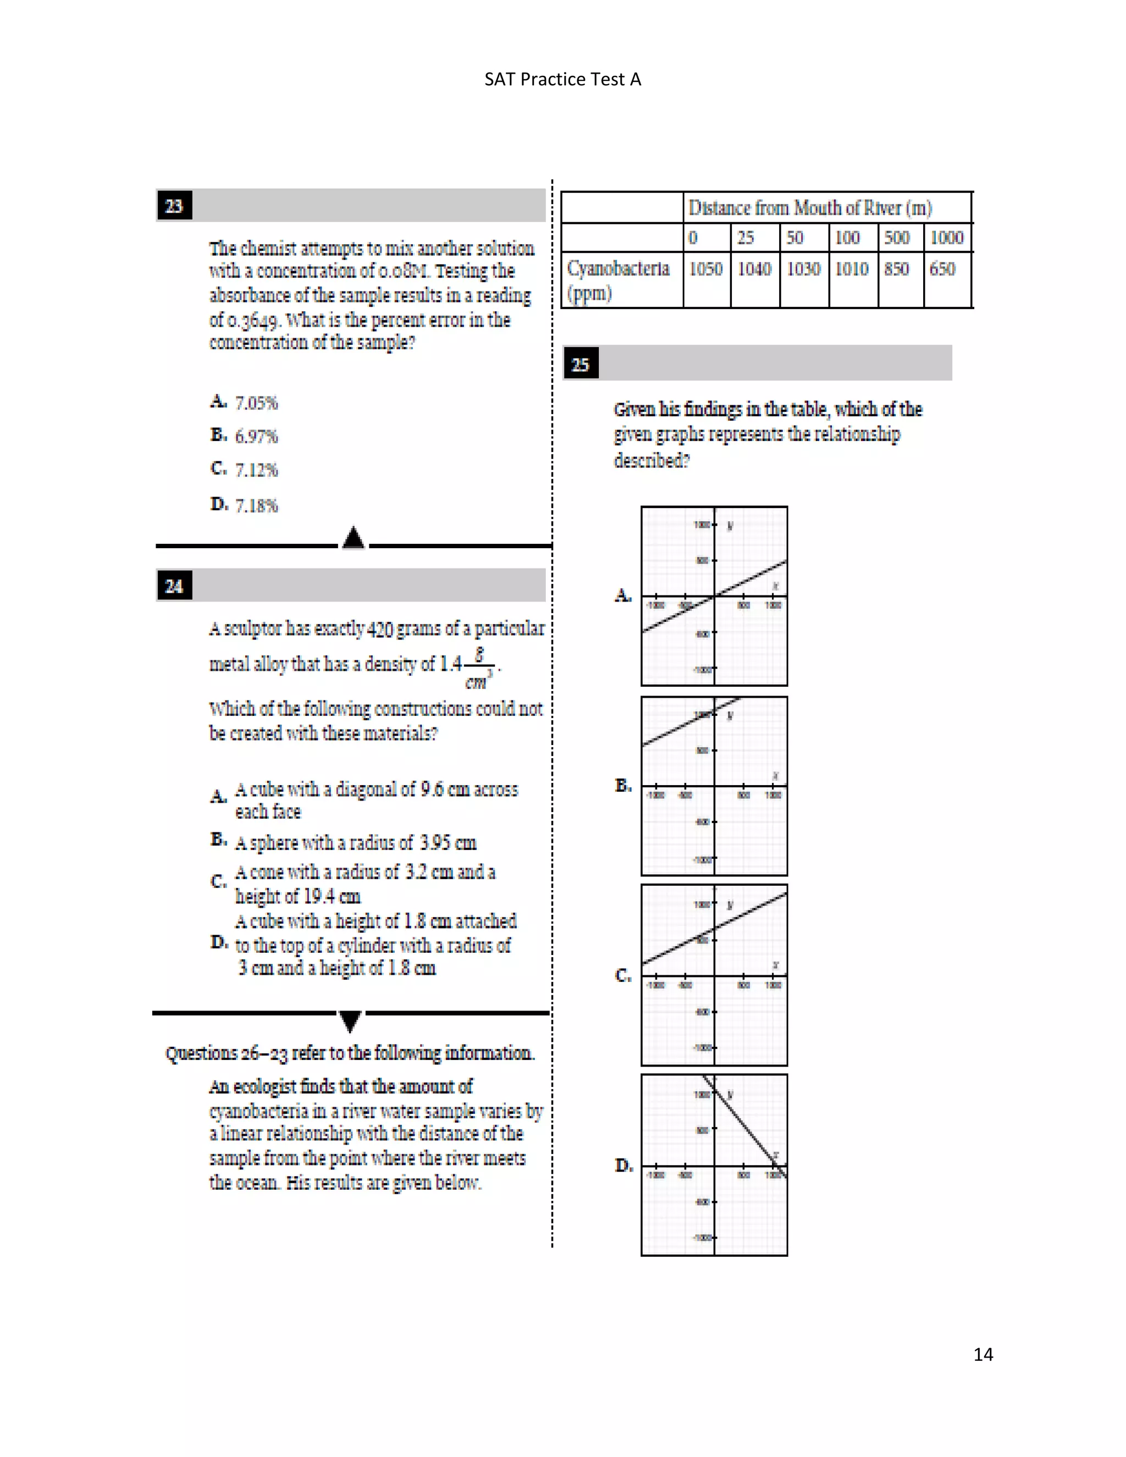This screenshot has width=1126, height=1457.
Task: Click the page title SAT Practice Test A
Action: coord(562,79)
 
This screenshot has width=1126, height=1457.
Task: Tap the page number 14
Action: coord(983,1354)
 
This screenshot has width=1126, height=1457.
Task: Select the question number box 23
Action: coord(174,206)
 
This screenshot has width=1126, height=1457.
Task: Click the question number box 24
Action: coord(174,586)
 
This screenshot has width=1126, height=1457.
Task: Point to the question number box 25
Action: coord(581,364)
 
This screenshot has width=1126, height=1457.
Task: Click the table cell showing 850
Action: coord(897,269)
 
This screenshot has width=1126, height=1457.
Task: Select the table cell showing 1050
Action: coord(706,269)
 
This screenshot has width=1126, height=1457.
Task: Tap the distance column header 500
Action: coord(897,238)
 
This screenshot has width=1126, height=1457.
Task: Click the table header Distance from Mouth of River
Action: coord(810,208)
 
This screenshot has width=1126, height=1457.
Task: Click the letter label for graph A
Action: coord(622,595)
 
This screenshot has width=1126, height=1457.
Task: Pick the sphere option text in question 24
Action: coord(356,843)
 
